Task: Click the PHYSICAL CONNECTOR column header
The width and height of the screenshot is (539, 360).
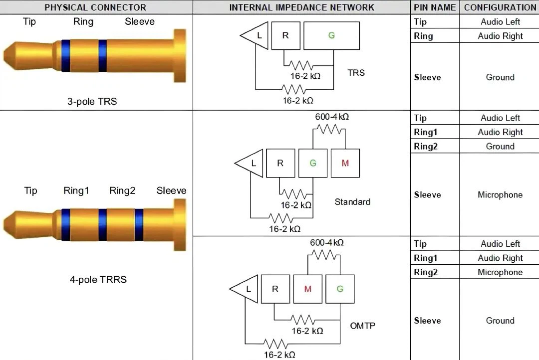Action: click(95, 7)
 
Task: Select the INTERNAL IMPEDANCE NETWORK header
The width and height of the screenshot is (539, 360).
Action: click(301, 7)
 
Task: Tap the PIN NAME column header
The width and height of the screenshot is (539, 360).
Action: click(435, 7)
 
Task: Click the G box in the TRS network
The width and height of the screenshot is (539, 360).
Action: click(331, 36)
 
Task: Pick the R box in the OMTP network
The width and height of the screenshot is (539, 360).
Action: click(275, 289)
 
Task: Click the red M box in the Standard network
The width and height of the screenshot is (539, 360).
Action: click(345, 163)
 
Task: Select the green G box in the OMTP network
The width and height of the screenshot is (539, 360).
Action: click(340, 289)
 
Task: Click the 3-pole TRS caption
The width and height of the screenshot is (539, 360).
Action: click(92, 101)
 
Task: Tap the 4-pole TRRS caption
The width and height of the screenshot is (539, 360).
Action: click(98, 279)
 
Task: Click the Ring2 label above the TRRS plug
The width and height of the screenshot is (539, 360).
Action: click(122, 190)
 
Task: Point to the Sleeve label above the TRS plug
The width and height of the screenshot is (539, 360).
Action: click(140, 21)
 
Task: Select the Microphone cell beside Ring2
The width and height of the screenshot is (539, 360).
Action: click(500, 272)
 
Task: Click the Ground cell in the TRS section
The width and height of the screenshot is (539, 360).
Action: click(500, 77)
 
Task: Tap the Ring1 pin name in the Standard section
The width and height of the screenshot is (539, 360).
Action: click(425, 132)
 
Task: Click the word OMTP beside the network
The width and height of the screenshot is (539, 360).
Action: click(363, 326)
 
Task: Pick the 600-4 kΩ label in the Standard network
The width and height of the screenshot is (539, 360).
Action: click(332, 117)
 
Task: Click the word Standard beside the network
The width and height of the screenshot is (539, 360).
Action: click(352, 202)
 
